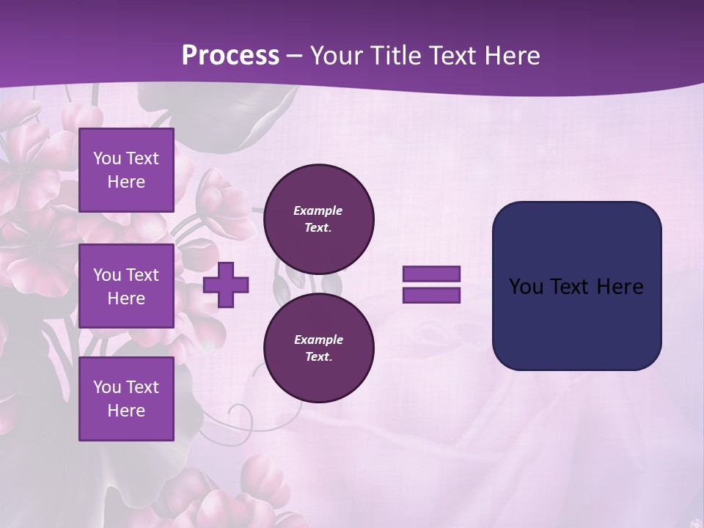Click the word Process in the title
click(230, 56)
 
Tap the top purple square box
click(126, 170)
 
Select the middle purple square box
click(126, 286)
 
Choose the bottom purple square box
click(126, 399)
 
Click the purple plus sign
click(226, 285)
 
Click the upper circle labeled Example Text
click(318, 219)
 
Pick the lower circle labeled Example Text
click(318, 348)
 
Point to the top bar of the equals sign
click(431, 274)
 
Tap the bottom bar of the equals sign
click(431, 296)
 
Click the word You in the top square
click(106, 158)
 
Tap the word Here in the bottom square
click(126, 411)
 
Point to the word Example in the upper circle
click(318, 210)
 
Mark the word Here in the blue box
click(620, 287)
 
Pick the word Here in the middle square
click(126, 298)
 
